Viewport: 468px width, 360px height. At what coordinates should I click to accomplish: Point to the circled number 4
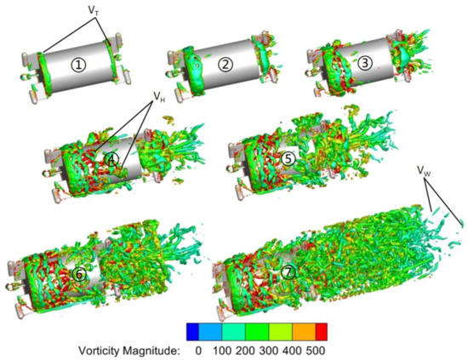click(111, 159)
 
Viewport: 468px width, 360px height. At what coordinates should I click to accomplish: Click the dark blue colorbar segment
click(197, 329)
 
